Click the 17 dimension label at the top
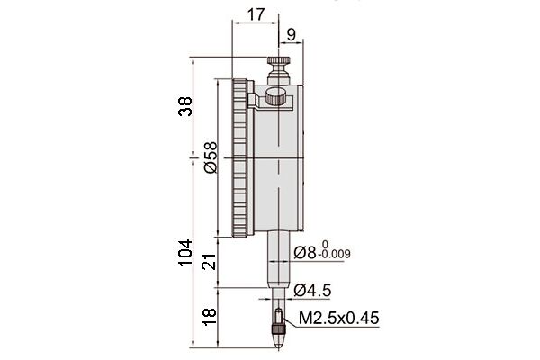(256, 14)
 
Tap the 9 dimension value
(292, 34)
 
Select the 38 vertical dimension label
(185, 106)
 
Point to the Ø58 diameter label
(211, 157)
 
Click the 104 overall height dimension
(185, 253)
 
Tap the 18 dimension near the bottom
(209, 316)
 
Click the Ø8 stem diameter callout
(305, 253)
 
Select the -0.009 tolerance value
(335, 255)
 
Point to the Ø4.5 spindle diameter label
(312, 290)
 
